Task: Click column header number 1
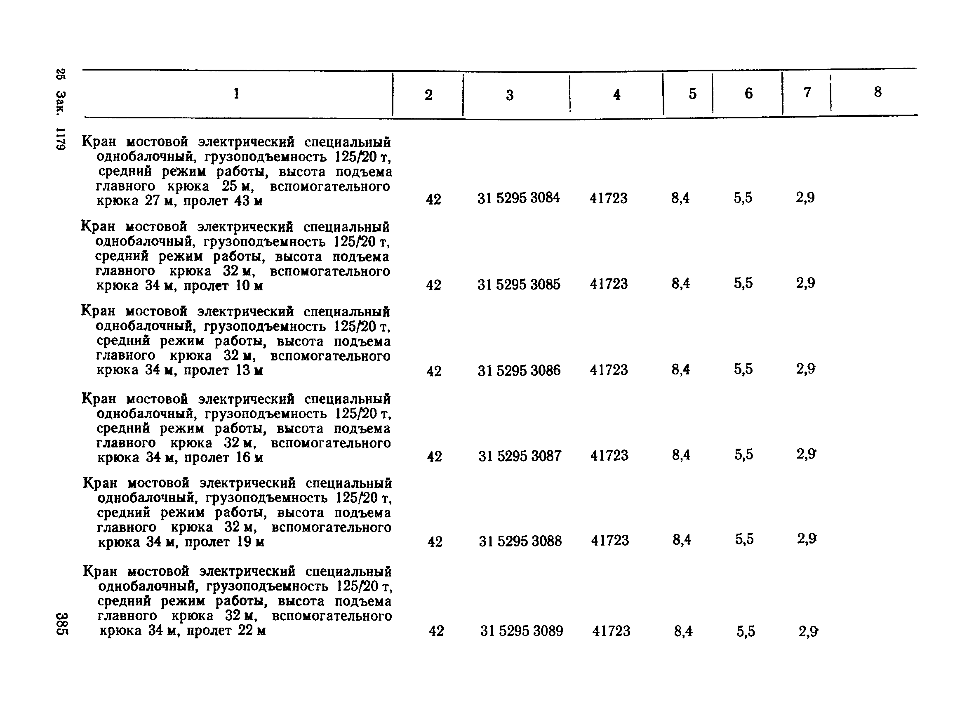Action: click(x=236, y=94)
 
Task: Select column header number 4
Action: click(x=617, y=94)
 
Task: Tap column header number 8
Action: click(x=878, y=92)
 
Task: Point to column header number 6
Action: click(x=748, y=94)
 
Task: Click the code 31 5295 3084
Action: click(x=518, y=198)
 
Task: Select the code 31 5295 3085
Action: click(x=519, y=284)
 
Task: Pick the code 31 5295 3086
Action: click(x=519, y=370)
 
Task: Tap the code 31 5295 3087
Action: click(x=520, y=456)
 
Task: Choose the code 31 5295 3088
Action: click(x=520, y=541)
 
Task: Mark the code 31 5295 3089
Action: click(x=521, y=631)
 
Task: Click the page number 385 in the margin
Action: click(x=61, y=624)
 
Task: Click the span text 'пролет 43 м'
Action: click(x=223, y=201)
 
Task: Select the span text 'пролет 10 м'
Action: click(x=224, y=286)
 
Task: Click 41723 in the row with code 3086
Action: click(x=609, y=370)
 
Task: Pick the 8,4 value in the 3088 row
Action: click(x=682, y=540)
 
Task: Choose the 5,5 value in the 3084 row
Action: click(x=743, y=198)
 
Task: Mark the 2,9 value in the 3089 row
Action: click(x=808, y=631)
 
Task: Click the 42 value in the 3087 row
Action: click(x=434, y=456)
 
